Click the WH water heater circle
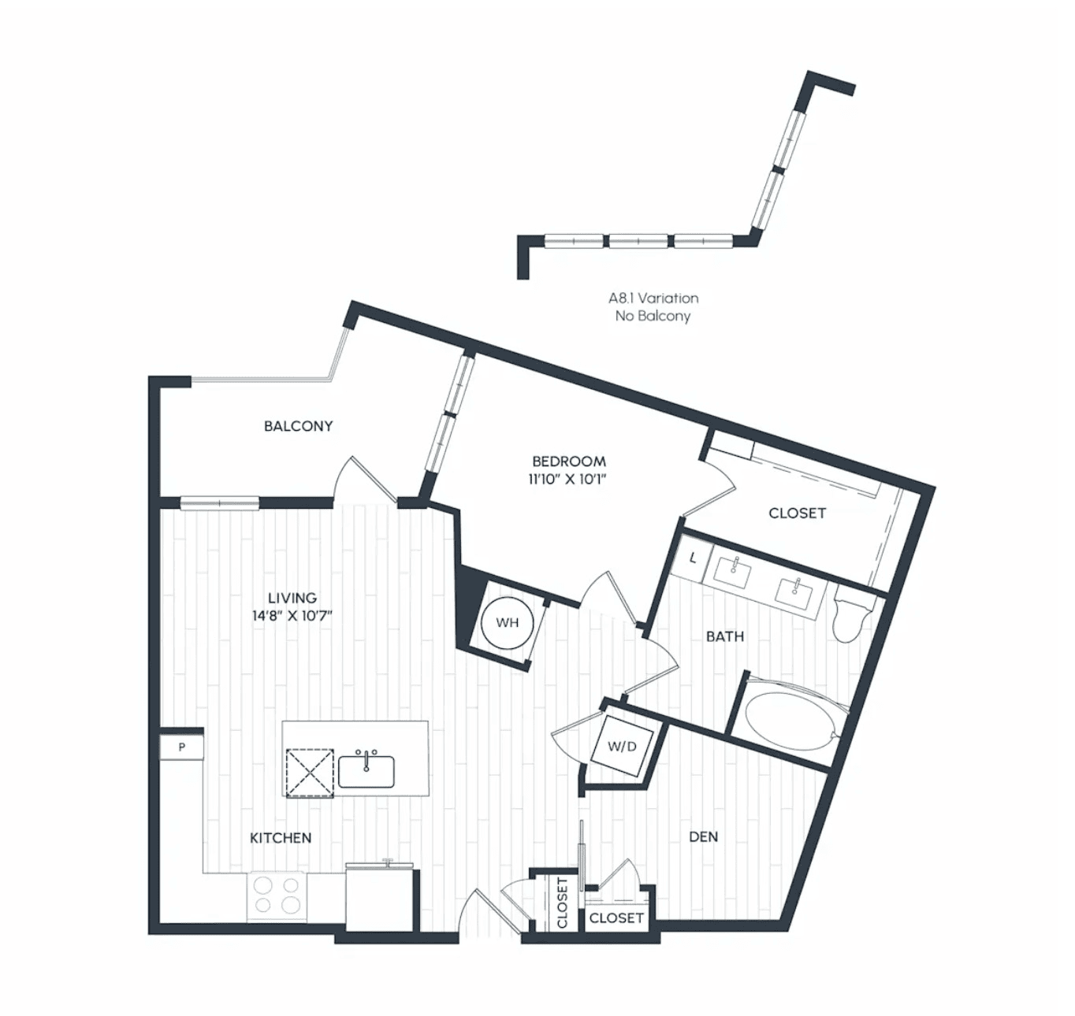(507, 622)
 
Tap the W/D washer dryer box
(623, 747)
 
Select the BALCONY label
(298, 426)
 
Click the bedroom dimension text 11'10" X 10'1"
(568, 480)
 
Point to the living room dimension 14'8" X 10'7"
(292, 616)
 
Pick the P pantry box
(181, 747)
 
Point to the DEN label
(703, 836)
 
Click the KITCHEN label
(281, 838)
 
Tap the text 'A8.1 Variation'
(653, 298)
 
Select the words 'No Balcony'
(653, 316)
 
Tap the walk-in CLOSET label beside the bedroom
(797, 514)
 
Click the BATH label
(725, 636)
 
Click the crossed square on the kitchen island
(310, 773)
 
